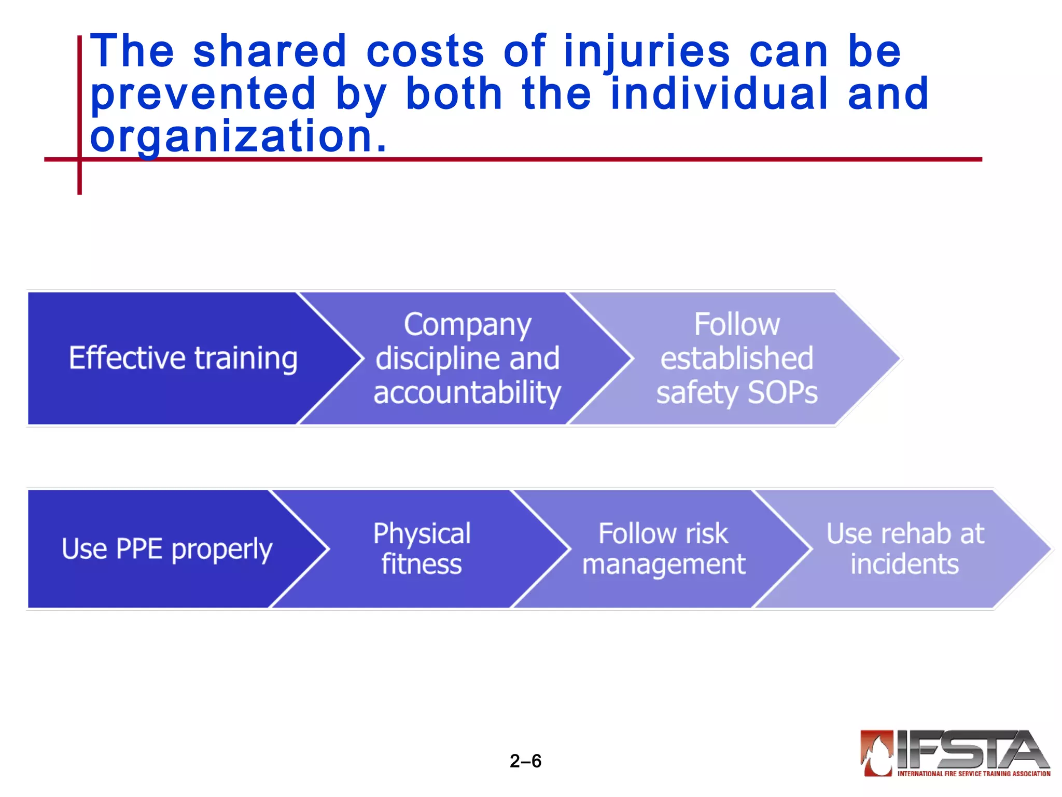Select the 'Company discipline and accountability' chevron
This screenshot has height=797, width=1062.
[x=467, y=358]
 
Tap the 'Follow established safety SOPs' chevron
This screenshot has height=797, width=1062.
[x=737, y=358]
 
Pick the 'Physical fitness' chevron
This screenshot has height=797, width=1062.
[x=422, y=549]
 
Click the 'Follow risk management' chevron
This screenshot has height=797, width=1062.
[x=664, y=549]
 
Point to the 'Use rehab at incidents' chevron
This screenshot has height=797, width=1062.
[x=905, y=549]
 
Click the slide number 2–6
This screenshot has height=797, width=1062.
[x=525, y=761]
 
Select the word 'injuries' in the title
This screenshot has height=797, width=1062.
[x=647, y=52]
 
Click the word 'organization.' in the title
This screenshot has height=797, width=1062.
[x=239, y=136]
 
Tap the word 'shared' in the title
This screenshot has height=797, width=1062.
[x=270, y=51]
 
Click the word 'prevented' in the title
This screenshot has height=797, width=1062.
[x=203, y=94]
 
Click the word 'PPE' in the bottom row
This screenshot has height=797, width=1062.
[x=139, y=549]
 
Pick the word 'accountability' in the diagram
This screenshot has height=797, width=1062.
[x=467, y=392]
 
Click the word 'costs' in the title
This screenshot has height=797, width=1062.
[x=425, y=51]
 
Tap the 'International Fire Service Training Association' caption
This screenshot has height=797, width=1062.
[x=974, y=774]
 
